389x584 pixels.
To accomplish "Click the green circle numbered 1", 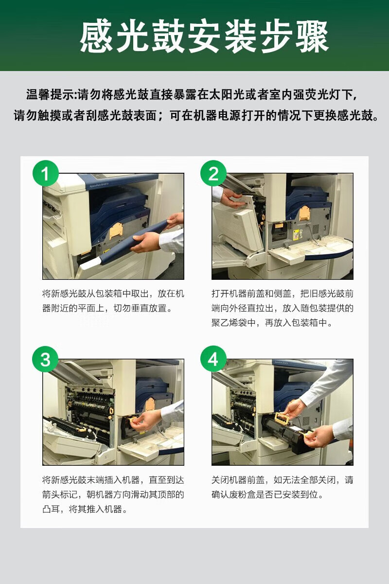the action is [x=46, y=173].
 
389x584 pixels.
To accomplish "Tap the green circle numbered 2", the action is [x=213, y=173].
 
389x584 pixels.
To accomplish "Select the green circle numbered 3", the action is [x=45, y=359].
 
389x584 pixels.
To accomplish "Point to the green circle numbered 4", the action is [x=213, y=359].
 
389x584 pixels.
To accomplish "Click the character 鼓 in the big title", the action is [x=169, y=36].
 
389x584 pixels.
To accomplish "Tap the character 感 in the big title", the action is [x=96, y=36].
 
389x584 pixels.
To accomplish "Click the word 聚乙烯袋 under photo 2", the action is [x=230, y=323].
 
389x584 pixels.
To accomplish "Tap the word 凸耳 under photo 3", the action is [x=51, y=509].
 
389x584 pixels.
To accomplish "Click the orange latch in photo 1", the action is [x=116, y=231].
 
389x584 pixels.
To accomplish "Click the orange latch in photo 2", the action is [x=304, y=213].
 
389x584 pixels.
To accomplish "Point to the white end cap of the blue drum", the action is [x=89, y=263].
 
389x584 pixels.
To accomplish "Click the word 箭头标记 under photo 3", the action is [x=60, y=494].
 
